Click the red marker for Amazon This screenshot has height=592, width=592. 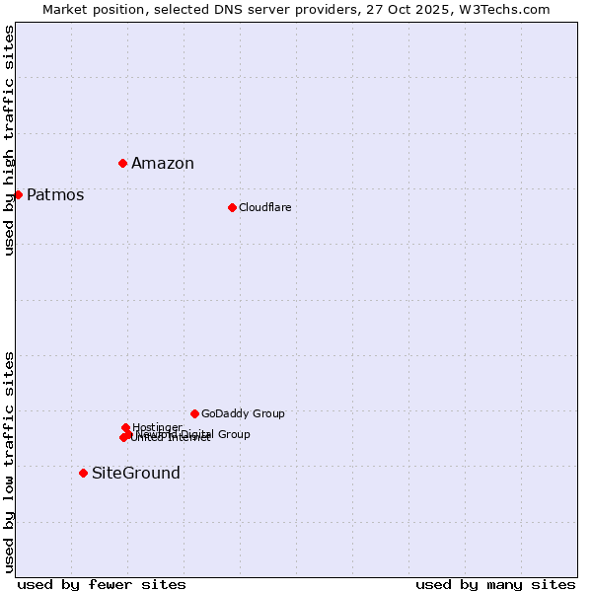(x=122, y=163)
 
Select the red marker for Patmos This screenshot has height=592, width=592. (x=18, y=194)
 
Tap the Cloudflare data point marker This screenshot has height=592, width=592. (x=232, y=207)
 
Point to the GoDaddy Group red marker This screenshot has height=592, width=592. (x=194, y=413)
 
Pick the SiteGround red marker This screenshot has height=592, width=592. (x=83, y=473)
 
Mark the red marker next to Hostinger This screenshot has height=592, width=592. (x=125, y=427)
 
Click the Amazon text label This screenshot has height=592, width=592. (x=163, y=164)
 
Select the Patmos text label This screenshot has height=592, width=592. (x=55, y=195)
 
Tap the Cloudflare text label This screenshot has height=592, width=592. (x=264, y=207)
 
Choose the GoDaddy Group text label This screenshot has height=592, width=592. (x=243, y=414)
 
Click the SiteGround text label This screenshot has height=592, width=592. (x=136, y=474)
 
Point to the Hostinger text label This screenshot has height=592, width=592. (x=158, y=427)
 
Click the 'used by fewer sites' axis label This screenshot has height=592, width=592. (x=102, y=584)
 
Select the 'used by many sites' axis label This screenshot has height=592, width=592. (x=495, y=584)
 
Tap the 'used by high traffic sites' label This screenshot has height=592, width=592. (x=9, y=140)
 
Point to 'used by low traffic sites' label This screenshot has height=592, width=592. (x=9, y=462)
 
